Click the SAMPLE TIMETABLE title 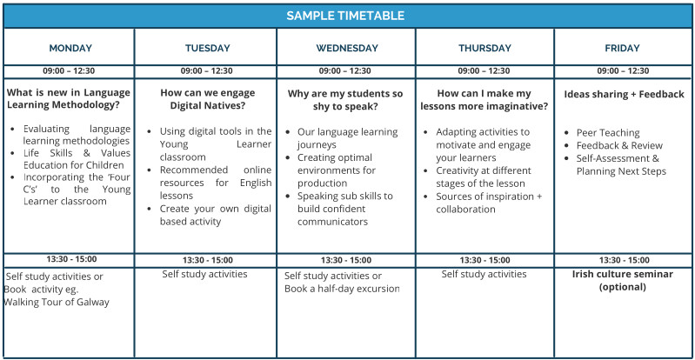345,16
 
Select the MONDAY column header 70,49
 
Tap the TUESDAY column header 208,49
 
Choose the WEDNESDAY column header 347,49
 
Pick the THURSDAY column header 484,49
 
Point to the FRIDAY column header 622,49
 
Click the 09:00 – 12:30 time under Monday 69,70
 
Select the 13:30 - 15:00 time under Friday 625,260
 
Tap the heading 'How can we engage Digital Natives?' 208,99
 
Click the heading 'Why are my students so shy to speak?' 345,100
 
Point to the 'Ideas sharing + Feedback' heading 624,94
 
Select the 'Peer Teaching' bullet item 608,132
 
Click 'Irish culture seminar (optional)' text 622,280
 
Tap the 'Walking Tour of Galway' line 57,303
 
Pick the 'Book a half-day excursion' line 342,289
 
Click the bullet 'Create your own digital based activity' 216,215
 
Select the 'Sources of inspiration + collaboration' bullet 489,203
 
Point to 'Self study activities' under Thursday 484,274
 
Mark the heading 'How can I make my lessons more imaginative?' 484,100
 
